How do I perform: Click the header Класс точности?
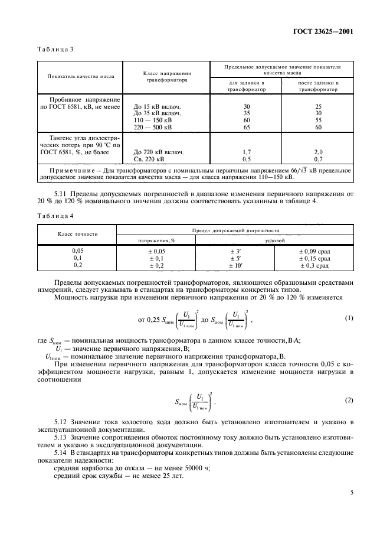coord(77,234)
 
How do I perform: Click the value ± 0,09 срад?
coord(314,251)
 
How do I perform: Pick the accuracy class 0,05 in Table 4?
coord(77,251)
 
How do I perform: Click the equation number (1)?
coord(348,318)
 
